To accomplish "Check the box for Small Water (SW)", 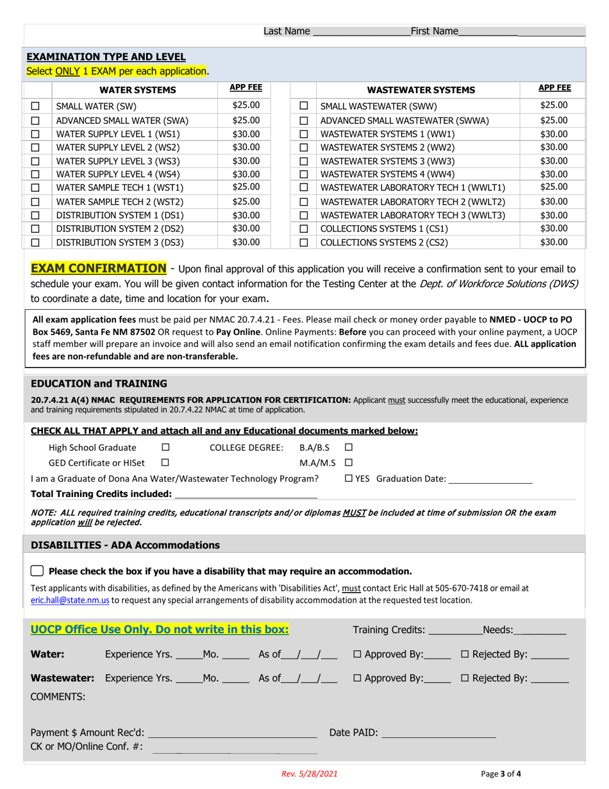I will click(x=36, y=106).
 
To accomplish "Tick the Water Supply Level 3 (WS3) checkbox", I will click(x=36, y=160).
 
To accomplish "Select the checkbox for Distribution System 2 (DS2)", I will click(x=36, y=228).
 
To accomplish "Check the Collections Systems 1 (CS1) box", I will click(x=304, y=228).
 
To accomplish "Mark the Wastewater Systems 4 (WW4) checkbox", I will click(x=304, y=174).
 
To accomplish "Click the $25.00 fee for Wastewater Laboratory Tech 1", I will click(x=553, y=187).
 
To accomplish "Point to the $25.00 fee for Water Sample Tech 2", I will click(x=246, y=201).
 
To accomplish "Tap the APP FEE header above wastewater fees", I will click(x=554, y=88).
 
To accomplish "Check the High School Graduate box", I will click(x=165, y=447).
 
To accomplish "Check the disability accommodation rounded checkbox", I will click(x=37, y=571).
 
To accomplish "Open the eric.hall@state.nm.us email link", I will click(x=71, y=600).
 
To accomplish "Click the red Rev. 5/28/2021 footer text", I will click(x=309, y=774).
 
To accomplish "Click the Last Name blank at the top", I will click(x=362, y=31).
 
